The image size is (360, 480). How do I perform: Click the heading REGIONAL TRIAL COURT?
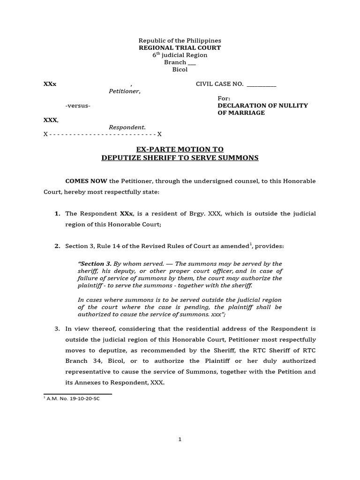(x=180, y=48)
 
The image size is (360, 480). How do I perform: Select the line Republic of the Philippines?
(x=180, y=41)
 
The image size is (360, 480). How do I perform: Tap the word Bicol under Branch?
(x=180, y=69)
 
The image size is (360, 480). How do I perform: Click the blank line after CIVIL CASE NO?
(x=262, y=84)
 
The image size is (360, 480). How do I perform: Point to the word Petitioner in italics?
(x=124, y=91)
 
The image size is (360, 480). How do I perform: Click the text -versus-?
(x=78, y=105)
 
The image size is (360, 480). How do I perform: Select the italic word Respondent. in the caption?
(x=127, y=127)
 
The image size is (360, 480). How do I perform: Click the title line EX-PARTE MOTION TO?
(x=180, y=150)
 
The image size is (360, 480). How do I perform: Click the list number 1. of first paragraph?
(x=57, y=213)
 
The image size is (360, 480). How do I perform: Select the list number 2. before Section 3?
(x=57, y=246)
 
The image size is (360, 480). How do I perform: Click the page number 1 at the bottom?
(x=180, y=439)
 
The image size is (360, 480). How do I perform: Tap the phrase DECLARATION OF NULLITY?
(x=262, y=105)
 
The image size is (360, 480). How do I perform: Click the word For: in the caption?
(x=224, y=98)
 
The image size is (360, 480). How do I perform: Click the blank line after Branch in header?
(x=192, y=62)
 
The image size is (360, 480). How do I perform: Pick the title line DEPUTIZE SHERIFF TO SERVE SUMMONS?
(x=180, y=158)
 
